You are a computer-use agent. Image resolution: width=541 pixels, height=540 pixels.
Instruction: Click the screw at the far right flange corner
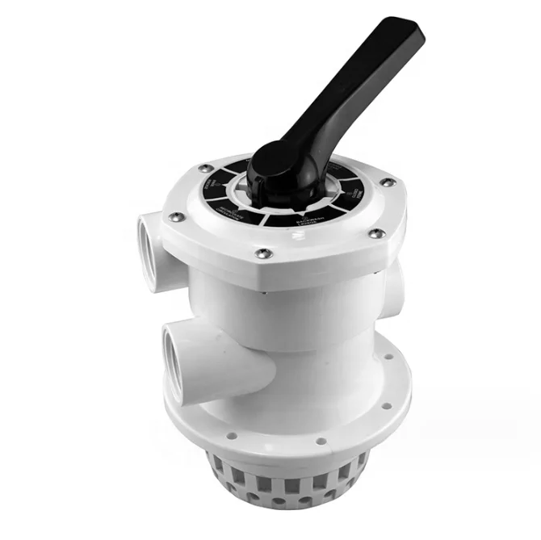coord(388,182)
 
